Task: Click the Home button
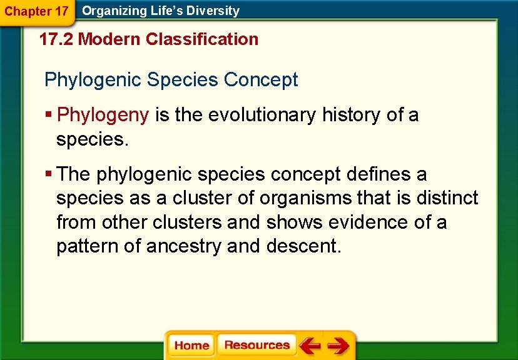(191, 346)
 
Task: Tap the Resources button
(256, 345)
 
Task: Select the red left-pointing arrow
(310, 345)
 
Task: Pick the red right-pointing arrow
(338, 345)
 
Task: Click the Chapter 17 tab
(37, 11)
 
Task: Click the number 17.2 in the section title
(56, 39)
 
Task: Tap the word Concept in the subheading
(261, 80)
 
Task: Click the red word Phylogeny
(103, 115)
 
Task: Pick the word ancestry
(184, 246)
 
